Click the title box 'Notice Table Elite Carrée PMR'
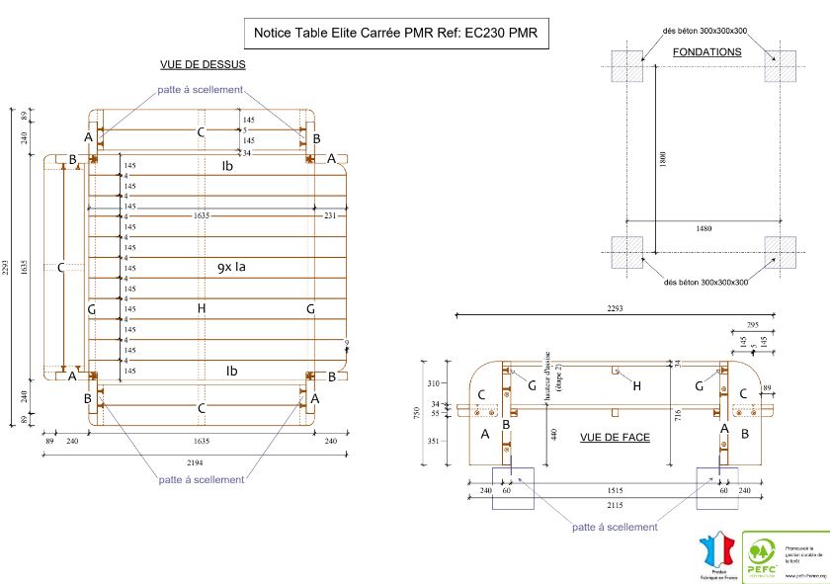click(394, 33)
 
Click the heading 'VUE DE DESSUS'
click(203, 64)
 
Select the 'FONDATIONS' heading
click(706, 51)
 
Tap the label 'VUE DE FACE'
click(615, 436)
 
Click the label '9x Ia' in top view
click(231, 267)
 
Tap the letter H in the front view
click(636, 385)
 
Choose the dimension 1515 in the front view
click(616, 488)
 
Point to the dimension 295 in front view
click(753, 323)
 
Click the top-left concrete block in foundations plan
click(626, 66)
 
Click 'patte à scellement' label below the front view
click(615, 527)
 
